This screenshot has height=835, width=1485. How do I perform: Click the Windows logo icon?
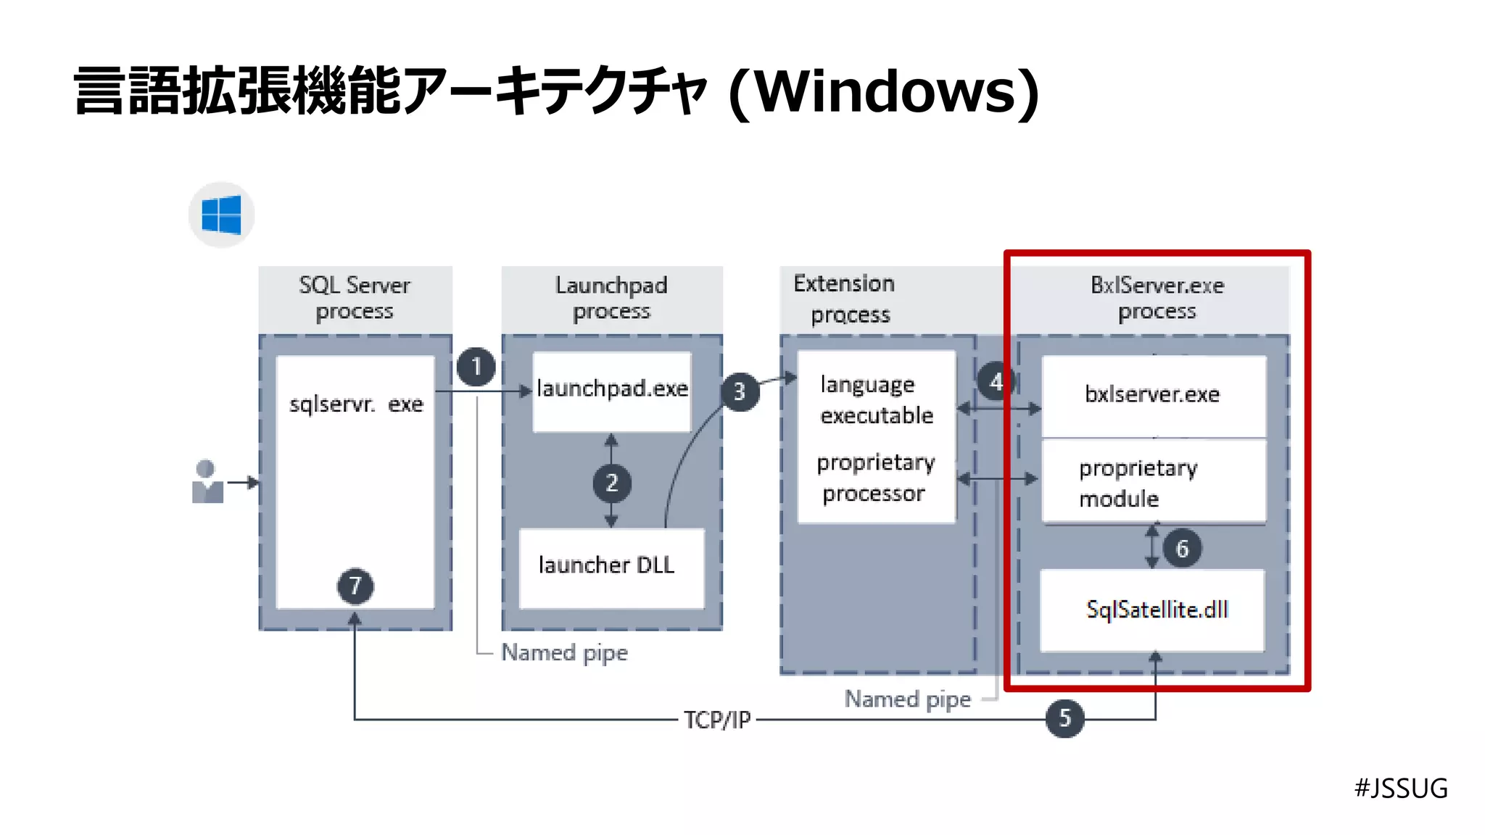221,215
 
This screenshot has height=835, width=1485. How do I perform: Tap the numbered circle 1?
476,367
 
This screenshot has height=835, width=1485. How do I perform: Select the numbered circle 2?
611,483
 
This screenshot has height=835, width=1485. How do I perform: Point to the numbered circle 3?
740,392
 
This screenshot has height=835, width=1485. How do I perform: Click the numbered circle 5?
1064,718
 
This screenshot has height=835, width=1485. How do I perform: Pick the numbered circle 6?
1182,549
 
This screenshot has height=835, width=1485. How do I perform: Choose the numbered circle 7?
355,586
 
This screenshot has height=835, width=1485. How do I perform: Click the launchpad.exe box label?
612,389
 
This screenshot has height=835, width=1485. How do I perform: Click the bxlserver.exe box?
1153,395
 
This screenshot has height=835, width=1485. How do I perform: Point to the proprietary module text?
1137,483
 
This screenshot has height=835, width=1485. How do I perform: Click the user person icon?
207,482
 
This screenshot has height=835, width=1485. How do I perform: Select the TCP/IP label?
717,720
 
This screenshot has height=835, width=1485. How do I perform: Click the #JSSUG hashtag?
1401,788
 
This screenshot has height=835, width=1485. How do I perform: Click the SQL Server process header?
355,298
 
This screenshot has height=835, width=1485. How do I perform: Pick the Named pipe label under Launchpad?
564,652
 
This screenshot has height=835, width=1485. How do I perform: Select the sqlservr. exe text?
355,404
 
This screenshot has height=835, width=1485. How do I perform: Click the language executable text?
876,399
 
